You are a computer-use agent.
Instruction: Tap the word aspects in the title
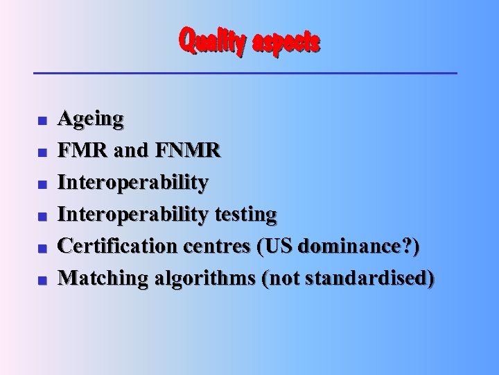pyautogui.click(x=287, y=43)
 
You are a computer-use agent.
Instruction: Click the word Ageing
pyautogui.click(x=91, y=119)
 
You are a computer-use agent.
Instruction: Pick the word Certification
pyautogui.click(x=116, y=246)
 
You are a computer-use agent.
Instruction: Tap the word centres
pyautogui.click(x=215, y=247)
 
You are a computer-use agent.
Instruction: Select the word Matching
pyautogui.click(x=103, y=278)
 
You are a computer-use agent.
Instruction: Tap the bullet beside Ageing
pyautogui.click(x=42, y=122)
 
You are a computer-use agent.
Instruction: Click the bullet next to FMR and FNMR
pyautogui.click(x=42, y=153)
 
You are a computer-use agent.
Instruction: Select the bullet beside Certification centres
pyautogui.click(x=42, y=249)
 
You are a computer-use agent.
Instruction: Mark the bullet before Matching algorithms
pyautogui.click(x=42, y=281)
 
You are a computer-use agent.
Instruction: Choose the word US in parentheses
pyautogui.click(x=272, y=246)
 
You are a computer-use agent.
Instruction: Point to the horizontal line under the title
pyautogui.click(x=246, y=73)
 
